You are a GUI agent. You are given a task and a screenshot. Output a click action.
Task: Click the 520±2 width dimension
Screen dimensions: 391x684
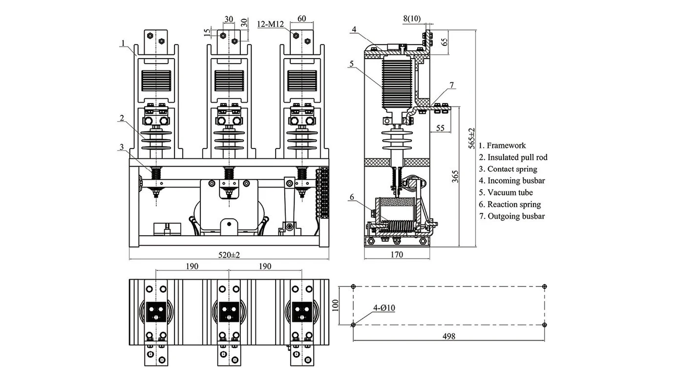coord(229,255)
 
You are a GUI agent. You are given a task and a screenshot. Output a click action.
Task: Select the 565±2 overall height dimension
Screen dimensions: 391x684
coord(471,138)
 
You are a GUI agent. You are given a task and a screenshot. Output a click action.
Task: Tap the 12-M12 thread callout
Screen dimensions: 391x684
coord(269,22)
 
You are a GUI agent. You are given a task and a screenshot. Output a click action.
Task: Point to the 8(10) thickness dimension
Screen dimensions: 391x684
coord(412,19)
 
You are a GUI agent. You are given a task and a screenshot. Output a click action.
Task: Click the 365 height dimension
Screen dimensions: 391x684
coord(454,176)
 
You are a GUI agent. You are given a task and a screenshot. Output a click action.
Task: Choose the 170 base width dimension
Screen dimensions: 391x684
coord(397,255)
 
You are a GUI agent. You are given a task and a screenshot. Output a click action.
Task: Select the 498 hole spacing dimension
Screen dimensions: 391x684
coord(448,336)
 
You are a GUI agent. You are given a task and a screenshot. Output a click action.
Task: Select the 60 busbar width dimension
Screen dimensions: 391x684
coord(301,19)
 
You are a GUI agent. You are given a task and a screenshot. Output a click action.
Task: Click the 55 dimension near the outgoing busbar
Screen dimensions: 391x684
coord(440,128)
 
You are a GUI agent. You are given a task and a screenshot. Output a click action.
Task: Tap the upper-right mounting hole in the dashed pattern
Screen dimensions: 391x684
coord(545,286)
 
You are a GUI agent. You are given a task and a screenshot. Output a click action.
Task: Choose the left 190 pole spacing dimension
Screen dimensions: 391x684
coord(192,266)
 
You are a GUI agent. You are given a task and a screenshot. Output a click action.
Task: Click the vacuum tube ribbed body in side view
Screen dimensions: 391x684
coord(397,81)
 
